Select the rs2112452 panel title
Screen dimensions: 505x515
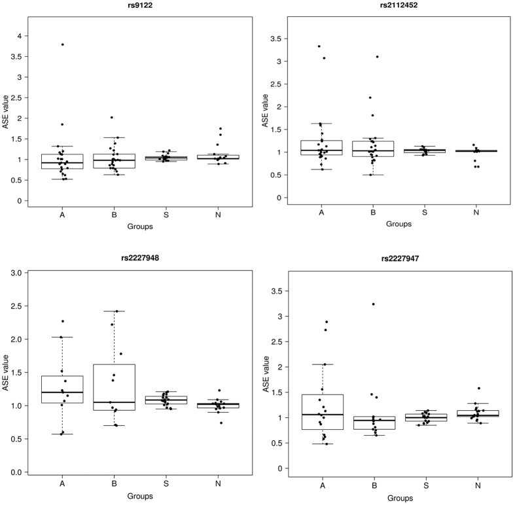click(399, 5)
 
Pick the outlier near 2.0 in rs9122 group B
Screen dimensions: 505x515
click(112, 118)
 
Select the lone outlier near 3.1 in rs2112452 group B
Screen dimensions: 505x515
click(378, 57)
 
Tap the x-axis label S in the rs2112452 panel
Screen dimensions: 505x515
click(425, 213)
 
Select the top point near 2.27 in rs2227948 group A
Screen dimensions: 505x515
click(63, 321)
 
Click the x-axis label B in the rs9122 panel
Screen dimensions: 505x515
click(115, 213)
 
